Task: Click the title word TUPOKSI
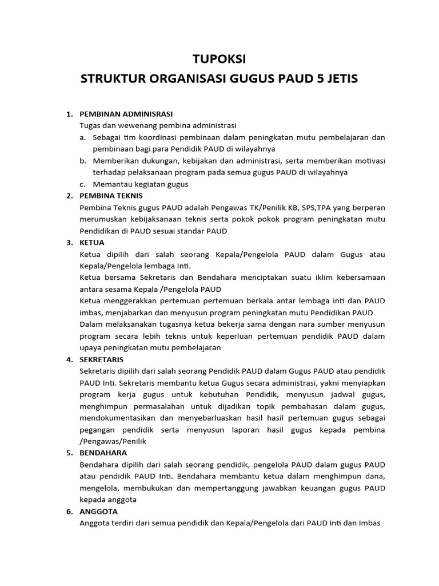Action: point(219,59)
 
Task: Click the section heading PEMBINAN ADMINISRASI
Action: point(126,114)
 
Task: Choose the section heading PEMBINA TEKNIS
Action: point(111,196)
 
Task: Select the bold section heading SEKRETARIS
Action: point(101,359)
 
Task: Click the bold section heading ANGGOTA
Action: point(98,511)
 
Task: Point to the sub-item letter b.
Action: point(83,161)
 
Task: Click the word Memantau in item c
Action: point(110,184)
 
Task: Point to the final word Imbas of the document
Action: point(369,523)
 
